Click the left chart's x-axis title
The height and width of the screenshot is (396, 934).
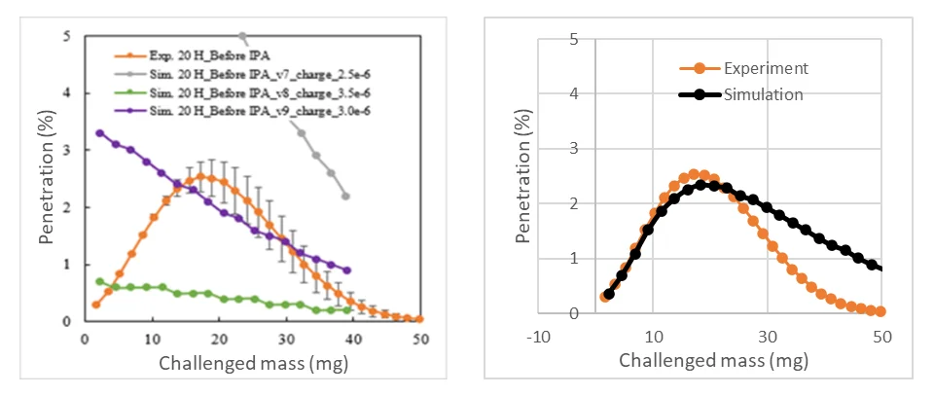point(254,365)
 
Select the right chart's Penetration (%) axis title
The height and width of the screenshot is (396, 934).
point(523,175)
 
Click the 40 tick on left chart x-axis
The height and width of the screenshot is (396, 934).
point(354,338)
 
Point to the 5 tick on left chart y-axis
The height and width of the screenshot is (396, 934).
point(67,37)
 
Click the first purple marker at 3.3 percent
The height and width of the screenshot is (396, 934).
point(99,133)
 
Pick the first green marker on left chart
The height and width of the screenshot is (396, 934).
point(99,281)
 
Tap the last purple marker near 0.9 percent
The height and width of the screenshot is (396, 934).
point(347,270)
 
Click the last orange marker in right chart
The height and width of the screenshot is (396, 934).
point(880,311)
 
